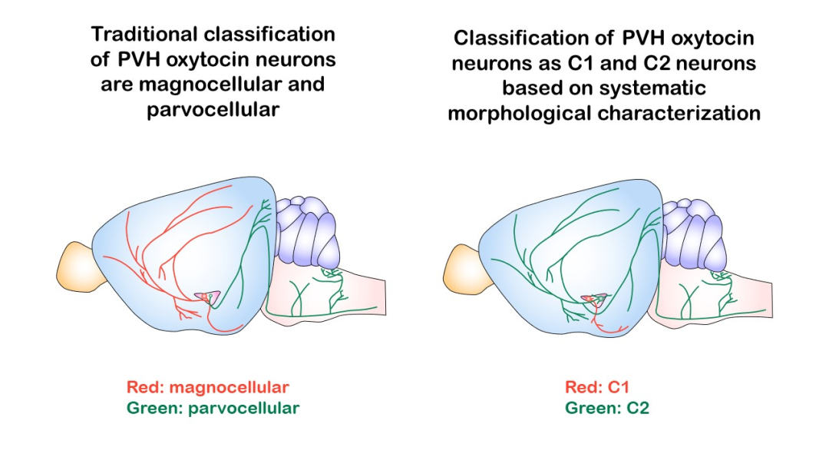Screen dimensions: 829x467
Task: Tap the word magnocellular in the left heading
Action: [x=210, y=84]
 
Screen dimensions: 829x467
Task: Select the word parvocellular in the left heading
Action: [x=213, y=110]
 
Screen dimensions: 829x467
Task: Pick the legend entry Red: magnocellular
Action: [x=208, y=388]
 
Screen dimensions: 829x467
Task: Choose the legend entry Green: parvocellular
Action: [x=213, y=409]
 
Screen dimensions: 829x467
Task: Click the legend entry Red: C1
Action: [x=597, y=388]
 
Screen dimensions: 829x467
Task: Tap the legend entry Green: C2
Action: [x=607, y=409]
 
